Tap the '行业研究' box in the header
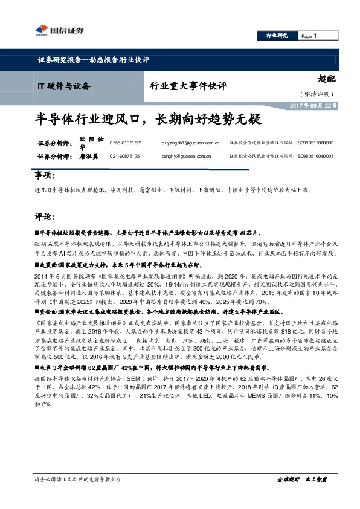(x=277, y=36)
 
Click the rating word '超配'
(x=326, y=77)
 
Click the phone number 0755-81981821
(x=126, y=143)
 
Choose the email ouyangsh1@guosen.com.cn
(x=194, y=143)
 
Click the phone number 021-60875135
(x=125, y=155)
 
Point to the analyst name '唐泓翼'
(x=89, y=155)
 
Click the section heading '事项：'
(x=45, y=175)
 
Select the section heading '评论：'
(x=45, y=215)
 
